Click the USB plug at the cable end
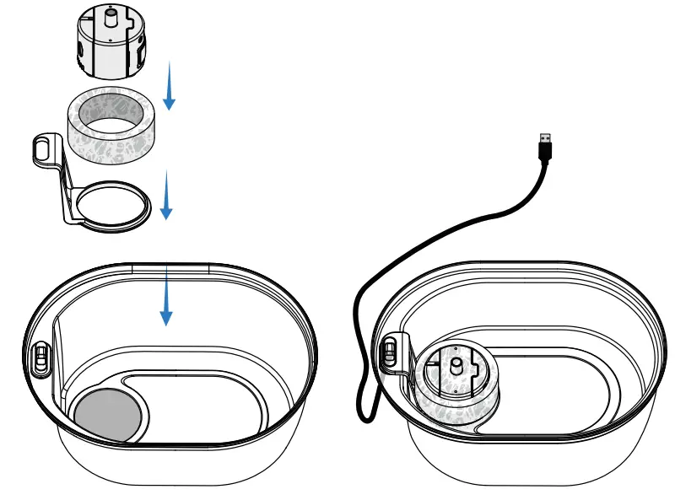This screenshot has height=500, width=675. (x=546, y=147)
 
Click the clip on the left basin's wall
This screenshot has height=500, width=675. (x=39, y=355)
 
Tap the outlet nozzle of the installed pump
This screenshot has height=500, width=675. (x=456, y=365)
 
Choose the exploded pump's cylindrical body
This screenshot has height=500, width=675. (x=110, y=51)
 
